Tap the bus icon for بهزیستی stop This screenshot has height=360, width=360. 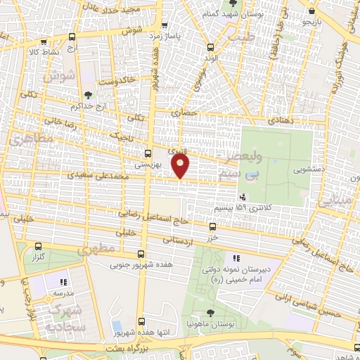click(x=148, y=153)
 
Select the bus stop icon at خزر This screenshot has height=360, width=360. click(x=213, y=226)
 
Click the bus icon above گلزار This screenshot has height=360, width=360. click(x=39, y=247)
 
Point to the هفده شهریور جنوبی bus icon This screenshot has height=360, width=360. click(x=143, y=255)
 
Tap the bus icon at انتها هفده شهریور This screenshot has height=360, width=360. click(x=142, y=321)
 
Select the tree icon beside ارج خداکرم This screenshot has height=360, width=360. click(x=87, y=94)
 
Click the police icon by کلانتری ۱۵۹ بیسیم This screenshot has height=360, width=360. click(x=243, y=198)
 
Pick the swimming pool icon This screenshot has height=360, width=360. click(x=115, y=328)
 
